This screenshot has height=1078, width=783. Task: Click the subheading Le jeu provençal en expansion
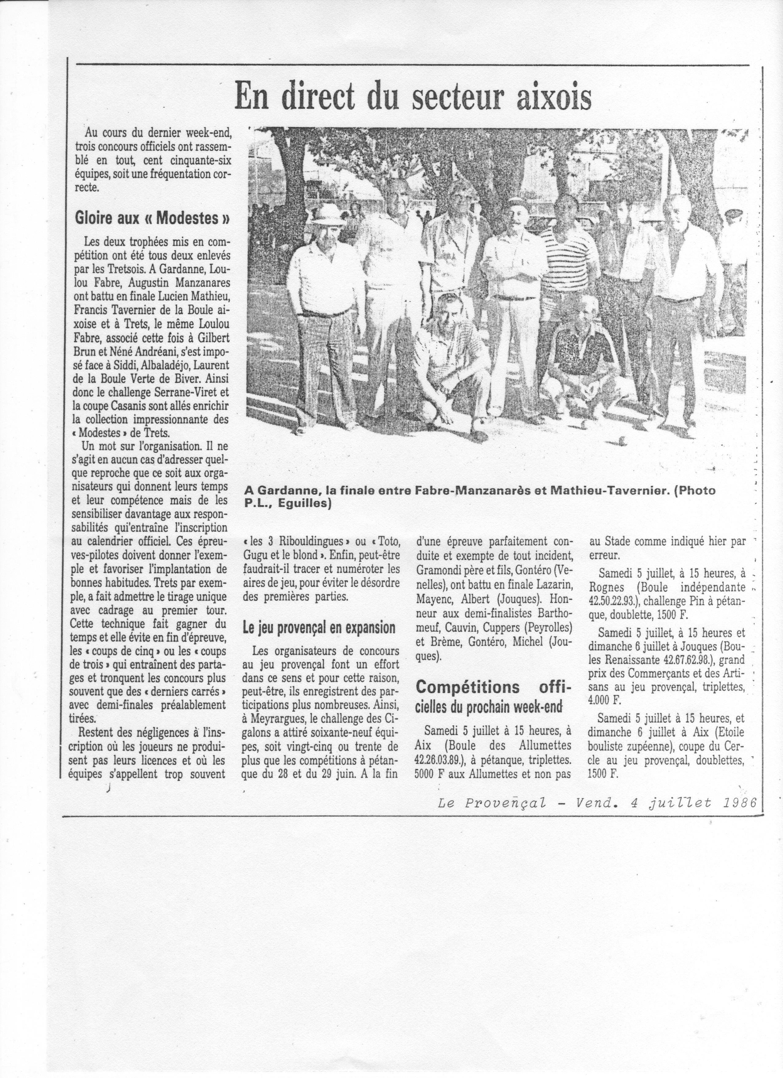click(319, 628)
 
